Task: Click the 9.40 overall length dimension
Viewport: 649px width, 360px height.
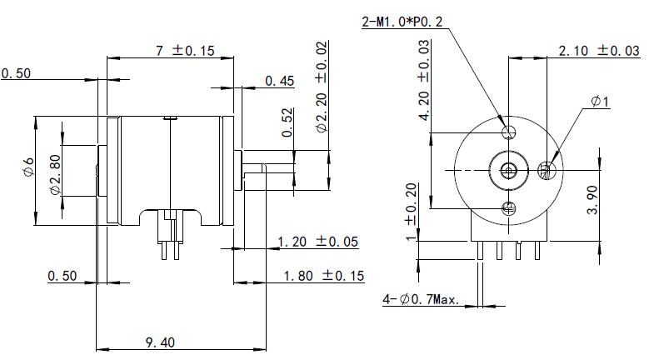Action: (160, 342)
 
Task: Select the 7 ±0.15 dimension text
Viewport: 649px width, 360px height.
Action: (185, 51)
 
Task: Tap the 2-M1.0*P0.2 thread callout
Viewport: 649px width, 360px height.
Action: (402, 22)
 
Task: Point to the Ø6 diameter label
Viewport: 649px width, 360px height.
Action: (28, 167)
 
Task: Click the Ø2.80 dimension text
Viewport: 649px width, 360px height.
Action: (55, 175)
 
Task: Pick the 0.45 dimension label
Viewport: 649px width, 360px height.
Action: (280, 81)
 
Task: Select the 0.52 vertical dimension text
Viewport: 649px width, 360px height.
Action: (287, 122)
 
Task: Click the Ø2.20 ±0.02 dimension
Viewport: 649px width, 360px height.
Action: (322, 87)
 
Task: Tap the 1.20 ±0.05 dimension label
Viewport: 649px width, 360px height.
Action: (317, 242)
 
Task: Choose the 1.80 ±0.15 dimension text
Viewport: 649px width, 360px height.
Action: (324, 276)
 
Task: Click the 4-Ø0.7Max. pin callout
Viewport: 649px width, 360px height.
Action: (421, 299)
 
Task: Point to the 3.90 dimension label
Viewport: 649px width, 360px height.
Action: (592, 200)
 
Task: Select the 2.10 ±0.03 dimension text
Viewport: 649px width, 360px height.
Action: (599, 51)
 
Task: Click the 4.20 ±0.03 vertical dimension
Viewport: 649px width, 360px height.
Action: (424, 80)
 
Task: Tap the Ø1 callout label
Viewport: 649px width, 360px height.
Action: (600, 101)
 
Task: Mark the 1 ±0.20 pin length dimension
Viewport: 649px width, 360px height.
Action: (411, 212)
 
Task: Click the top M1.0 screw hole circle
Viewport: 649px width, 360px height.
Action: (509, 132)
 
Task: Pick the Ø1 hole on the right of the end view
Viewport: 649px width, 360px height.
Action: (547, 170)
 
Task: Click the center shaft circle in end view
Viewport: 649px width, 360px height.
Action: (509, 170)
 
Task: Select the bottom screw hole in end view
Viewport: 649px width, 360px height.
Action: (509, 208)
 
